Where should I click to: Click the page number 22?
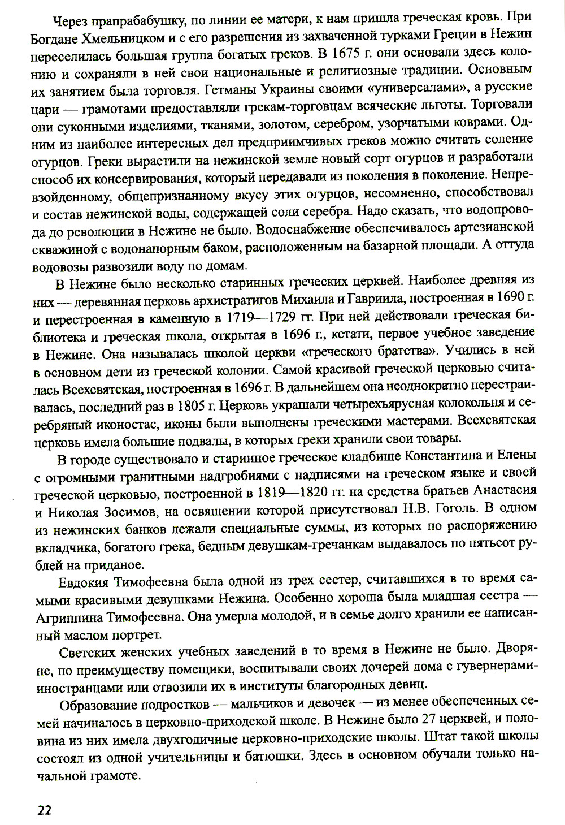[44, 809]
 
